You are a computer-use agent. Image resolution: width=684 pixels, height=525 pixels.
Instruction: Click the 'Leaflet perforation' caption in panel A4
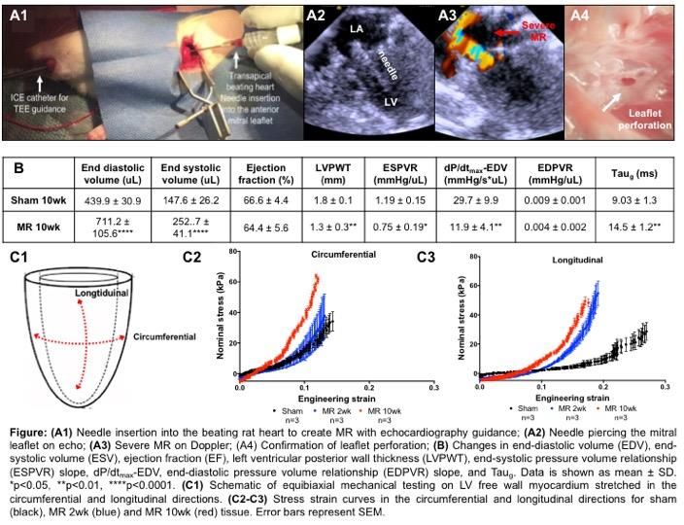[645, 119]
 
